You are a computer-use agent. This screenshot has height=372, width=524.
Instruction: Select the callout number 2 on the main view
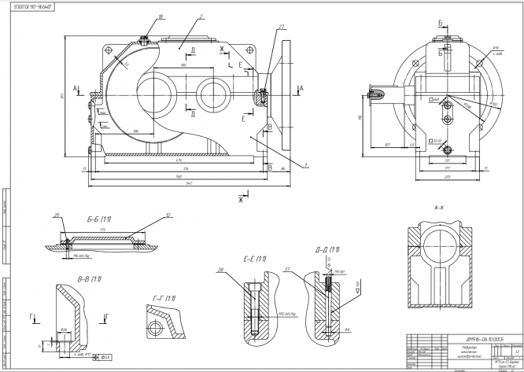[202, 16]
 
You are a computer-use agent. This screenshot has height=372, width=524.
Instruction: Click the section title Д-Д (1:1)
[327, 249]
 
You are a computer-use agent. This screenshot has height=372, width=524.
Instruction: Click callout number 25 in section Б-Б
[57, 214]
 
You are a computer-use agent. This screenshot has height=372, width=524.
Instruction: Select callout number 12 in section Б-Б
[168, 214]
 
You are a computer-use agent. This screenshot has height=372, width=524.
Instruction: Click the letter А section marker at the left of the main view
[75, 89]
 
